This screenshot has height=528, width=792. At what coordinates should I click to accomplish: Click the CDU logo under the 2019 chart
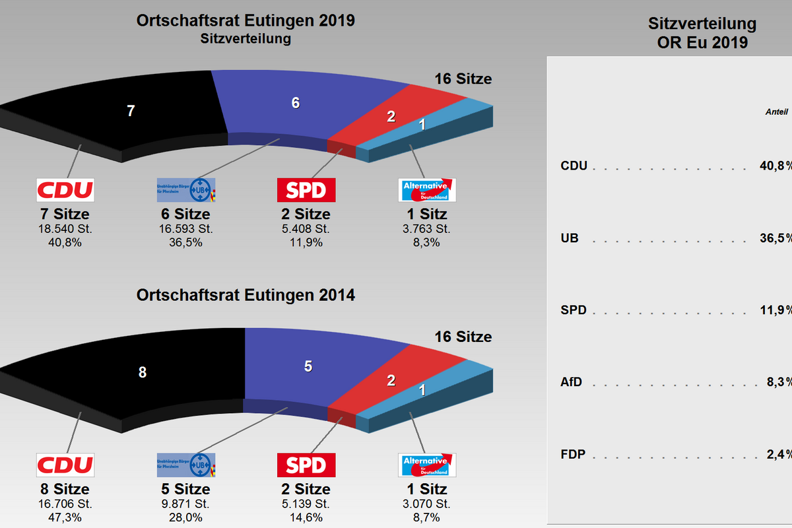(x=65, y=190)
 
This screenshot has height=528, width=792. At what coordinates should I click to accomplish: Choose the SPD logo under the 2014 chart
(x=306, y=465)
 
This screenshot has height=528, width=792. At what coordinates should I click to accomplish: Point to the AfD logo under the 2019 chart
(x=428, y=190)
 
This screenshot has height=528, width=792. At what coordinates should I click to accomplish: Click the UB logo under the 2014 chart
(x=185, y=465)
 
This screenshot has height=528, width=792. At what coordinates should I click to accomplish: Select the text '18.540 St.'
(x=65, y=229)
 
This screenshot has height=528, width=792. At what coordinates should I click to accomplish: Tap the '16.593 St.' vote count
(x=185, y=229)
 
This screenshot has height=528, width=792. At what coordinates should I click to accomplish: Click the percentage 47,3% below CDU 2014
(x=65, y=517)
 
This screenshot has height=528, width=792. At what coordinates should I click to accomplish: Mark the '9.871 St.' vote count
(x=185, y=504)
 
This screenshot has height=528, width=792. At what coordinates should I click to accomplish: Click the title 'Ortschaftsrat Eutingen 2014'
(x=246, y=295)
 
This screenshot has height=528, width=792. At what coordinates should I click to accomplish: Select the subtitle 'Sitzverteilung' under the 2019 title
(x=246, y=38)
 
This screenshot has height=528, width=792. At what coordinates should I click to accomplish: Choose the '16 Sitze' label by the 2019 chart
(x=463, y=79)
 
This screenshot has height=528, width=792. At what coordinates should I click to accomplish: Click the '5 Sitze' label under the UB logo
(x=185, y=489)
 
